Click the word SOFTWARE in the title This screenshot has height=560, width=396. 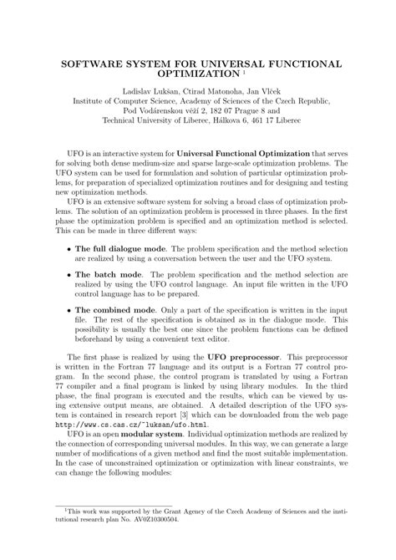pyautogui.click(x=92, y=64)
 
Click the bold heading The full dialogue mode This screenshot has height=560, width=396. pyautogui.click(x=121, y=249)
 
